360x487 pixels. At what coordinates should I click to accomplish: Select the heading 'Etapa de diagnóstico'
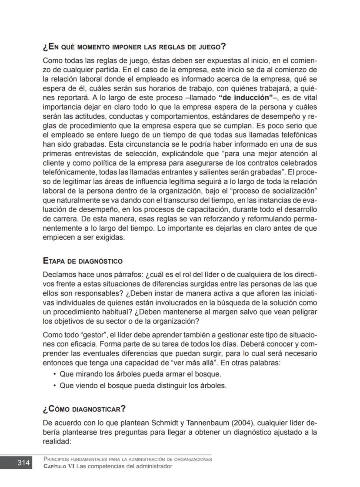[x=83, y=261]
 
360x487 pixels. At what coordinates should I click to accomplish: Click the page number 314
[x=23, y=463]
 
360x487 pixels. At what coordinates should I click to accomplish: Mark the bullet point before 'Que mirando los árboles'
[x=54, y=374]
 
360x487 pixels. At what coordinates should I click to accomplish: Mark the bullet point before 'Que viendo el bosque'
[x=54, y=385]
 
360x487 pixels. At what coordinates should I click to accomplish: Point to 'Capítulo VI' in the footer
[x=59, y=466]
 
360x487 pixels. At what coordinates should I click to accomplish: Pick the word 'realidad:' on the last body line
[x=57, y=441]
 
